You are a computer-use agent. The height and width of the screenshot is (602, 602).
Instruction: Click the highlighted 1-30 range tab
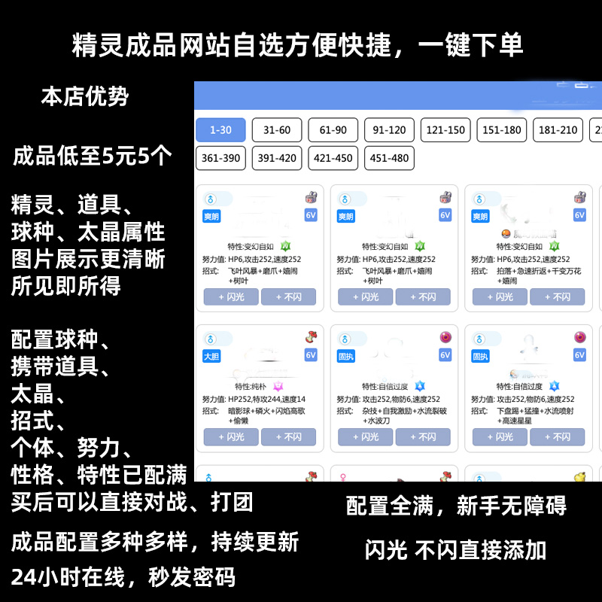pyautogui.click(x=220, y=130)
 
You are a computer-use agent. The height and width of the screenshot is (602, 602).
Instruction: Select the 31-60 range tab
pyautogui.click(x=277, y=130)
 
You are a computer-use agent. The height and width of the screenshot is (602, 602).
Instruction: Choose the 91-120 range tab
pyautogui.click(x=389, y=130)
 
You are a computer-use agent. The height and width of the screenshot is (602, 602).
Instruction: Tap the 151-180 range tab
pyautogui.click(x=502, y=130)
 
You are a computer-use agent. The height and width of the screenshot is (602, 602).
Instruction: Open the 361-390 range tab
pyautogui.click(x=220, y=158)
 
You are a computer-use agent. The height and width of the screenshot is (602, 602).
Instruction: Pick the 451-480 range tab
pyautogui.click(x=389, y=158)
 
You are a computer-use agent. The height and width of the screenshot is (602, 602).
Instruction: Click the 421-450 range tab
pyautogui.click(x=333, y=158)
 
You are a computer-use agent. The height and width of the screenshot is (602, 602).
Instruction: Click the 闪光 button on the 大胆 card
pyautogui.click(x=231, y=436)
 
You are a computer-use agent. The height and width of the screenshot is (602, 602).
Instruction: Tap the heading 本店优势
pyautogui.click(x=85, y=97)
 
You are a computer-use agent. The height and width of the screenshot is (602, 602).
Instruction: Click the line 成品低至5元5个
pyautogui.click(x=93, y=157)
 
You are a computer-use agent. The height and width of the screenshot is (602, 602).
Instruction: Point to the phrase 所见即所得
pyautogui.click(x=65, y=287)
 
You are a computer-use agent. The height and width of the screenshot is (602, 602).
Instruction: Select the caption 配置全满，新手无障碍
pyautogui.click(x=456, y=506)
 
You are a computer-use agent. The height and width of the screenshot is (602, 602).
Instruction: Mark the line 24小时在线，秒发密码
pyautogui.click(x=123, y=577)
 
